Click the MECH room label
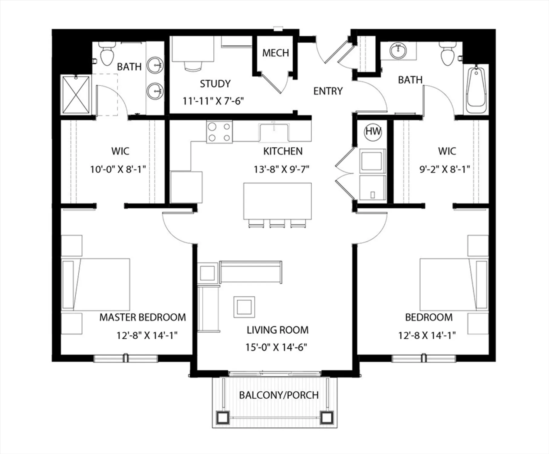275,53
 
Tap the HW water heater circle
373,131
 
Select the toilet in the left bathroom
107,54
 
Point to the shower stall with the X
76,95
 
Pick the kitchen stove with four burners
219,132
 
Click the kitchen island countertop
278,201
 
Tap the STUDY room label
215,84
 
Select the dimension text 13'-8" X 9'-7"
281,169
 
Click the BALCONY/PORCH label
279,395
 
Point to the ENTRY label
328,91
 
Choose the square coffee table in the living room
244,307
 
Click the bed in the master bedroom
96,285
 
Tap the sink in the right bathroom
398,51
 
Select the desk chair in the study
193,66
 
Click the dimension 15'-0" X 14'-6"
276,347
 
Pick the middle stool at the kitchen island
277,224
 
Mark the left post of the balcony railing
223,418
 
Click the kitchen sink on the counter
274,132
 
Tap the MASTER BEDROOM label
143,317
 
